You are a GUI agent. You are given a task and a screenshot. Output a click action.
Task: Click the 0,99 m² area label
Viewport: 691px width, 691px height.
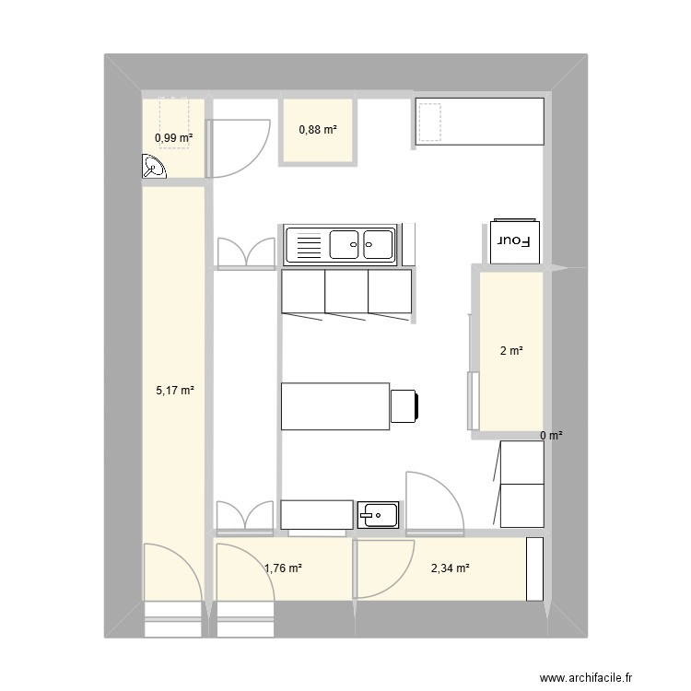click(x=174, y=138)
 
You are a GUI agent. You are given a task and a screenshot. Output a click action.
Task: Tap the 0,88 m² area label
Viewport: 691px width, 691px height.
click(x=317, y=130)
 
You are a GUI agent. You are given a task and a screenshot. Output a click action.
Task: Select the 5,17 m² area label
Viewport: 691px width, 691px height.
click(x=174, y=391)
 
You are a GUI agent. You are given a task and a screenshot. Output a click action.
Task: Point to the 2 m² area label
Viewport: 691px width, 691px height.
click(x=511, y=351)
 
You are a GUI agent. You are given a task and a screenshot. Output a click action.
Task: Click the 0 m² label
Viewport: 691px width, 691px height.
click(x=551, y=436)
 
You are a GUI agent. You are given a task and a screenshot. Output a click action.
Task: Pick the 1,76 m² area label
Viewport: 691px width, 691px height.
click(x=283, y=568)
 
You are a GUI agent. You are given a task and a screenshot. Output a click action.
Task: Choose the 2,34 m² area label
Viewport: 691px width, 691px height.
click(x=450, y=568)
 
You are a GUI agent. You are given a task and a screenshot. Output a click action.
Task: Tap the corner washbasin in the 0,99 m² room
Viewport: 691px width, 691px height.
click(x=154, y=166)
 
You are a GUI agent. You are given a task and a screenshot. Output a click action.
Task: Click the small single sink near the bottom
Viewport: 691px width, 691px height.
click(x=379, y=514)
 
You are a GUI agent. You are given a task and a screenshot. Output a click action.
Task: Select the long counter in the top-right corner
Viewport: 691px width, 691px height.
click(x=479, y=121)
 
